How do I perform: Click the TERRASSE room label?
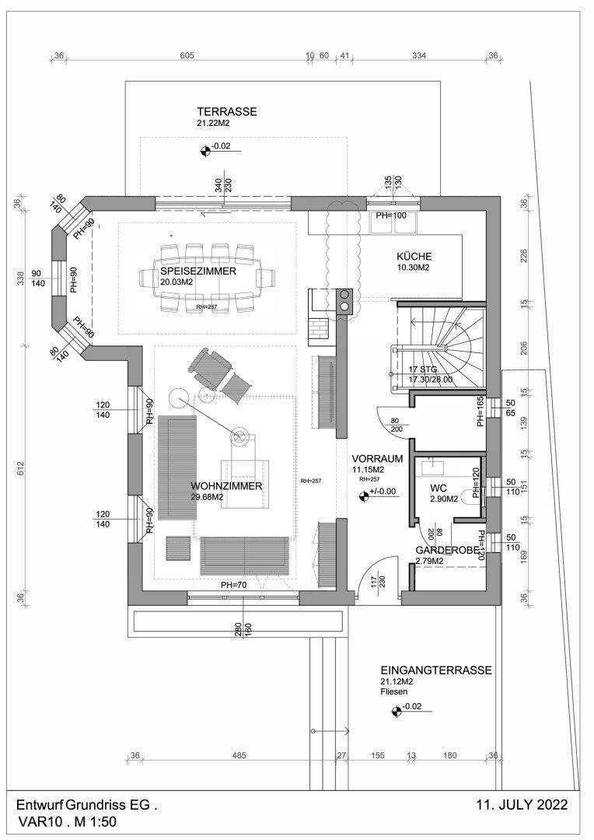226,112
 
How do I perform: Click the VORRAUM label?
376,459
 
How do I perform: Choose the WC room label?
439,488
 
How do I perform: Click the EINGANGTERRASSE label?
435,670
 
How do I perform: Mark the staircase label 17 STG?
418,370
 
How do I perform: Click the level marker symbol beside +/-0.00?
364,492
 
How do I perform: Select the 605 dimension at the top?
187,56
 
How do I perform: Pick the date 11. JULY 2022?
522,804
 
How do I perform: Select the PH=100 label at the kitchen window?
392,215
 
